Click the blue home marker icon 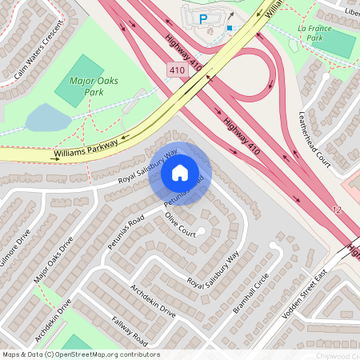180,172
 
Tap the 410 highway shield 178,71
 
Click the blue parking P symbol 202,18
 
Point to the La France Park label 314,34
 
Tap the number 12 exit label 336,209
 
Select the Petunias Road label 125,230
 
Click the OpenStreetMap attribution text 80,354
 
